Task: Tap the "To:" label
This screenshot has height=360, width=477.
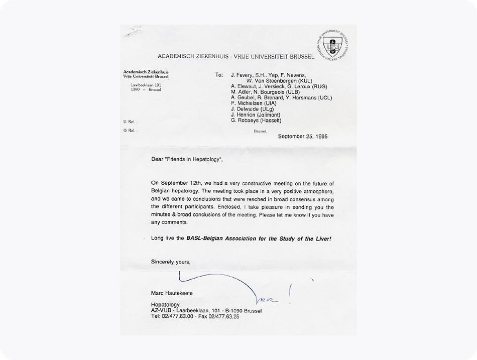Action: [218, 75]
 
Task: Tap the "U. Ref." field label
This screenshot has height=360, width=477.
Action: [130, 122]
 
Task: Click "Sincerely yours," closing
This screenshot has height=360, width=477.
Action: [171, 262]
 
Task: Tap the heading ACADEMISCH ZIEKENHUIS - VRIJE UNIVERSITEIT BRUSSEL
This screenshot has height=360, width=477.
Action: [236, 57]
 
